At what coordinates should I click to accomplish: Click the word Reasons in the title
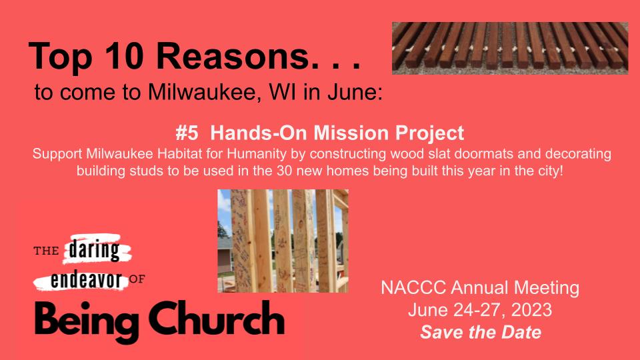(x=232, y=56)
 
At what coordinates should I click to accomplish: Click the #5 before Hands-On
(x=187, y=133)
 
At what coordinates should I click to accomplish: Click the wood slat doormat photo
(x=510, y=48)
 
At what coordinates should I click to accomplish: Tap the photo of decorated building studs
(x=283, y=241)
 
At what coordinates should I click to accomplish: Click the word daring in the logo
(x=94, y=250)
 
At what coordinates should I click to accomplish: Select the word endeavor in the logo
(x=86, y=281)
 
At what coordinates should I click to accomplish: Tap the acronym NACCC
(x=413, y=288)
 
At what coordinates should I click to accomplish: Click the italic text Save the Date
(x=481, y=332)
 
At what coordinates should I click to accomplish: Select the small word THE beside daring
(x=47, y=251)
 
